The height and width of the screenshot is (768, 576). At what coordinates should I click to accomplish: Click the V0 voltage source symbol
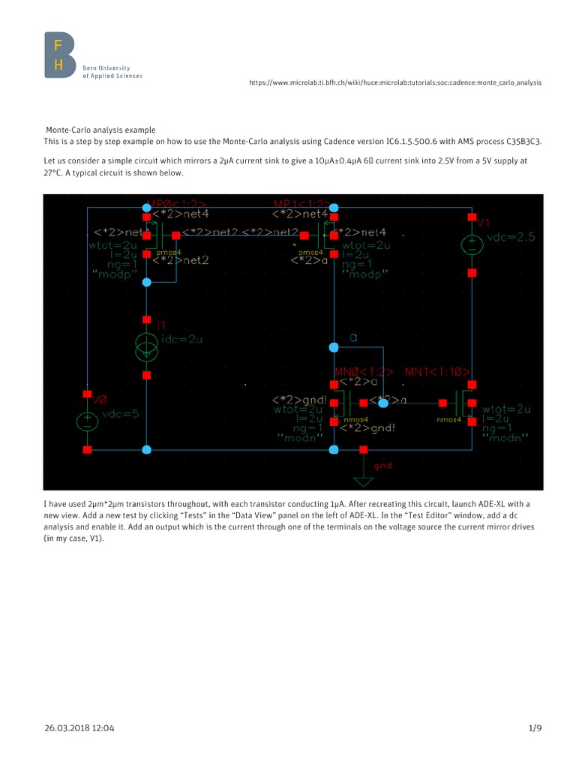click(87, 421)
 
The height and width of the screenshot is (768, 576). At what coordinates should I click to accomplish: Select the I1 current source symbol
click(146, 346)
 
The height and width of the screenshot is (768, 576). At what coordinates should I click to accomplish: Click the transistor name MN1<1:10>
click(438, 372)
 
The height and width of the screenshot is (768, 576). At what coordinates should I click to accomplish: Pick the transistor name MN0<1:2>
click(364, 372)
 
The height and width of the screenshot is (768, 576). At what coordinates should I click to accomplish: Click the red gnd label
click(382, 466)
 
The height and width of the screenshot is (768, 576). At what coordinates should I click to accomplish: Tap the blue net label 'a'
click(353, 338)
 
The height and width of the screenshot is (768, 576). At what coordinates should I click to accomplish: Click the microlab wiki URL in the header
click(394, 82)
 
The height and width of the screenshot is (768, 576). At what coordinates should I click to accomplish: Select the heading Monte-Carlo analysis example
click(101, 130)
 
